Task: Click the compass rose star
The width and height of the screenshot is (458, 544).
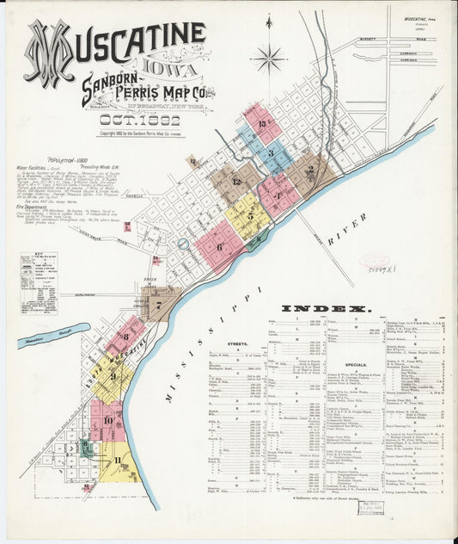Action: click(268, 59)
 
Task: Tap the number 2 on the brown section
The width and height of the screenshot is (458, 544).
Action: click(309, 170)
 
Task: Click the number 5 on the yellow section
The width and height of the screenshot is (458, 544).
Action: click(250, 215)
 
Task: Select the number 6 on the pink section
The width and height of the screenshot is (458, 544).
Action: click(219, 247)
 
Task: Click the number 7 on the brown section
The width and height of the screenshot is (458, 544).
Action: click(158, 304)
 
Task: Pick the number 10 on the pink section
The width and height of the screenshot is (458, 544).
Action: click(107, 420)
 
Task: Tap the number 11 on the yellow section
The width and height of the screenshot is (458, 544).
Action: click(117, 461)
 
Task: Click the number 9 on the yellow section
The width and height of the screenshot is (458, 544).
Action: click(113, 375)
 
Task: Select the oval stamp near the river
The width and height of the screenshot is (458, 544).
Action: click(374, 260)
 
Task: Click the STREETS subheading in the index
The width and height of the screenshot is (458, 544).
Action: click(237, 343)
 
